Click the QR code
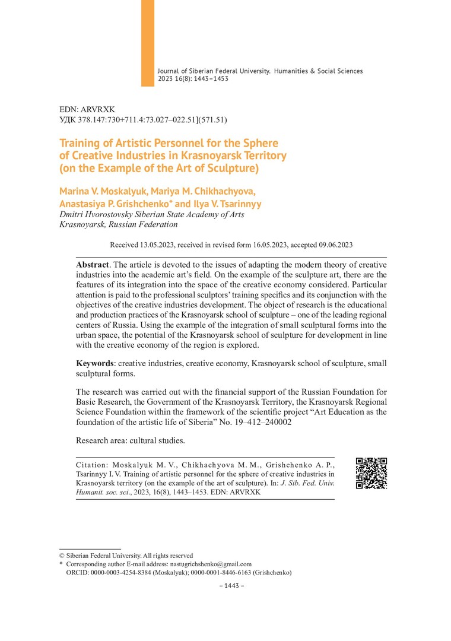click(371, 473)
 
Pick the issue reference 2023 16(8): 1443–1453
click(193, 78)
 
